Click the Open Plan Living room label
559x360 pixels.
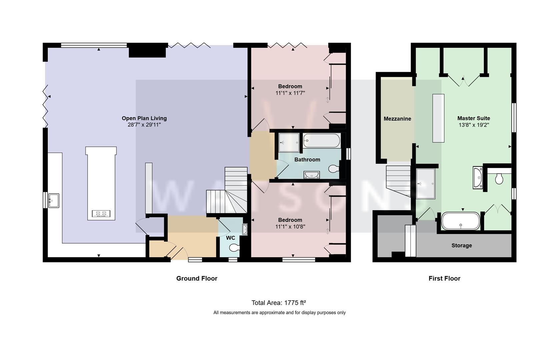click(x=144, y=118)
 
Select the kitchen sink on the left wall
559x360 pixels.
click(x=54, y=200)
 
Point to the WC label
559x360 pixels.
click(x=230, y=238)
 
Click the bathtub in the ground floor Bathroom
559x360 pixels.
click(x=321, y=141)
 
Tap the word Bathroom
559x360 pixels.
click(x=307, y=160)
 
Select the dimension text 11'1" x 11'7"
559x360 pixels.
click(x=290, y=93)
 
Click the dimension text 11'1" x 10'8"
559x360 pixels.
click(x=290, y=227)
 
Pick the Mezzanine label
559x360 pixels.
click(x=397, y=119)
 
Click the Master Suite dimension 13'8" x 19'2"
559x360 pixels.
click(x=473, y=125)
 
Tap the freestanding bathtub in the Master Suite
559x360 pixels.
click(x=461, y=221)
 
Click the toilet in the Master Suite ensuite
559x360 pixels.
click(x=499, y=179)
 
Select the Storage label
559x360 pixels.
click(x=461, y=245)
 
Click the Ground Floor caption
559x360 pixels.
click(x=197, y=278)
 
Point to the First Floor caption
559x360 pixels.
click(x=444, y=278)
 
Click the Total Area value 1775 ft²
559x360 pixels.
click(x=295, y=303)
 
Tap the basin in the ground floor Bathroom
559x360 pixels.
click(x=311, y=175)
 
